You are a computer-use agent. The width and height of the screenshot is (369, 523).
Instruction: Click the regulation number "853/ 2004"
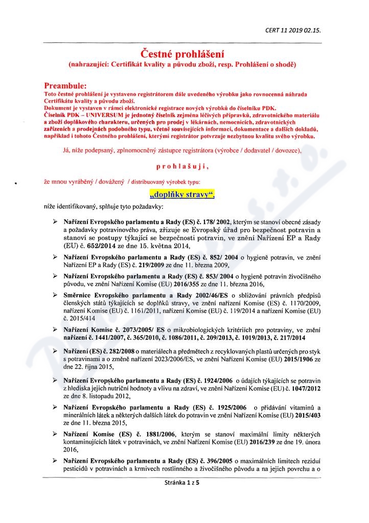215,275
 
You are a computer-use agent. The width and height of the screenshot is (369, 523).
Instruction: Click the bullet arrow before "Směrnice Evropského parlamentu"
55,295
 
